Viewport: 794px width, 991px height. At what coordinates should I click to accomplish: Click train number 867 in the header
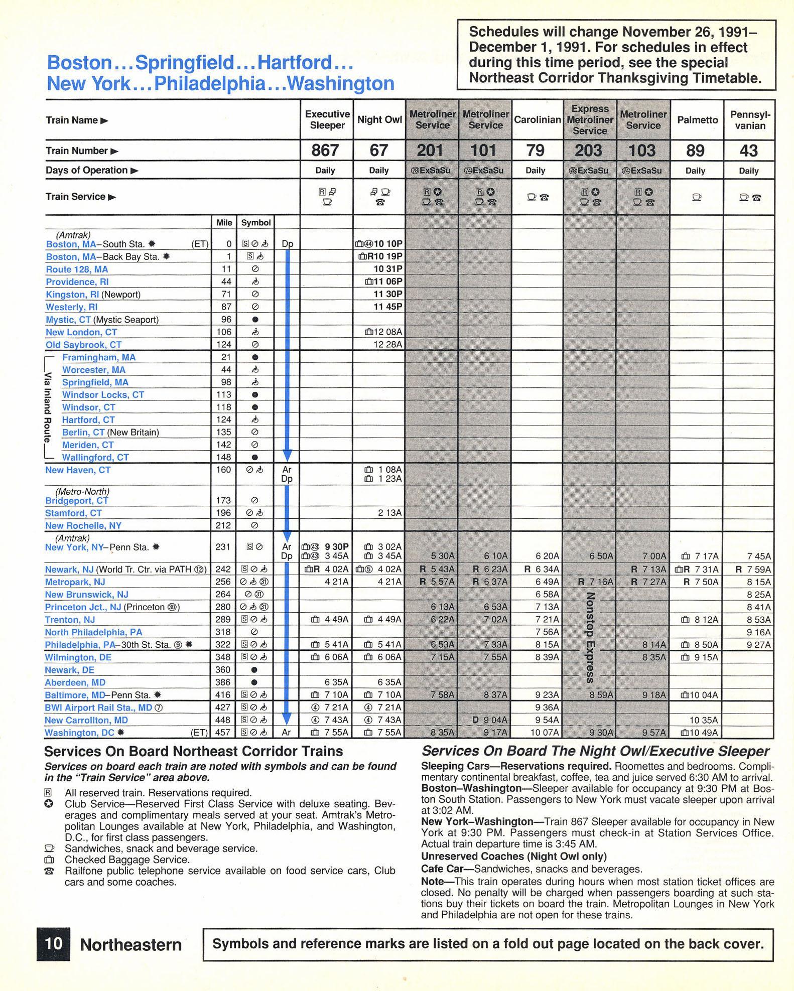325,151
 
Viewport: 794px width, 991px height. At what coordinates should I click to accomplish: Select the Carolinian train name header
537,120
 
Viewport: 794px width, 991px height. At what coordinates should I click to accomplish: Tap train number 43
748,151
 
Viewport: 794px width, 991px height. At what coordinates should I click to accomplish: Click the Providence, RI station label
77,282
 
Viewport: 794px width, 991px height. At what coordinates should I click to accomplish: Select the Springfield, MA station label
95,382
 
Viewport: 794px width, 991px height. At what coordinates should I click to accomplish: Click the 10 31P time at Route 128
387,269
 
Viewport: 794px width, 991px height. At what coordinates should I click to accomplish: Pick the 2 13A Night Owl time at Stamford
390,513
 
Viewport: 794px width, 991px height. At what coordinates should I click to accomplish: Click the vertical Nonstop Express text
590,638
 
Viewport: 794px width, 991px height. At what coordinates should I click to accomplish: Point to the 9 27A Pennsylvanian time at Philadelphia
758,645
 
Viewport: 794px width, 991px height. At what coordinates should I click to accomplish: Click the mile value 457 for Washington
223,733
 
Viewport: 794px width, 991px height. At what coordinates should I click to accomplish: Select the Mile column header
224,223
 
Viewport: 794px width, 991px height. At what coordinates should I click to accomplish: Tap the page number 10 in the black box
53,944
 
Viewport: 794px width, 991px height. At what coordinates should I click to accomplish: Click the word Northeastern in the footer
130,945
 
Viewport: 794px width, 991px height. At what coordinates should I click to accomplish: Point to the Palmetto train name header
697,120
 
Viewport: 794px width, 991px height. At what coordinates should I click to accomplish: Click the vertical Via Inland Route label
48,407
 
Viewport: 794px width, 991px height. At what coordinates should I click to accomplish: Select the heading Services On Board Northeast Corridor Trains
194,751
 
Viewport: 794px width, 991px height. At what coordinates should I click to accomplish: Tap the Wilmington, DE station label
78,657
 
